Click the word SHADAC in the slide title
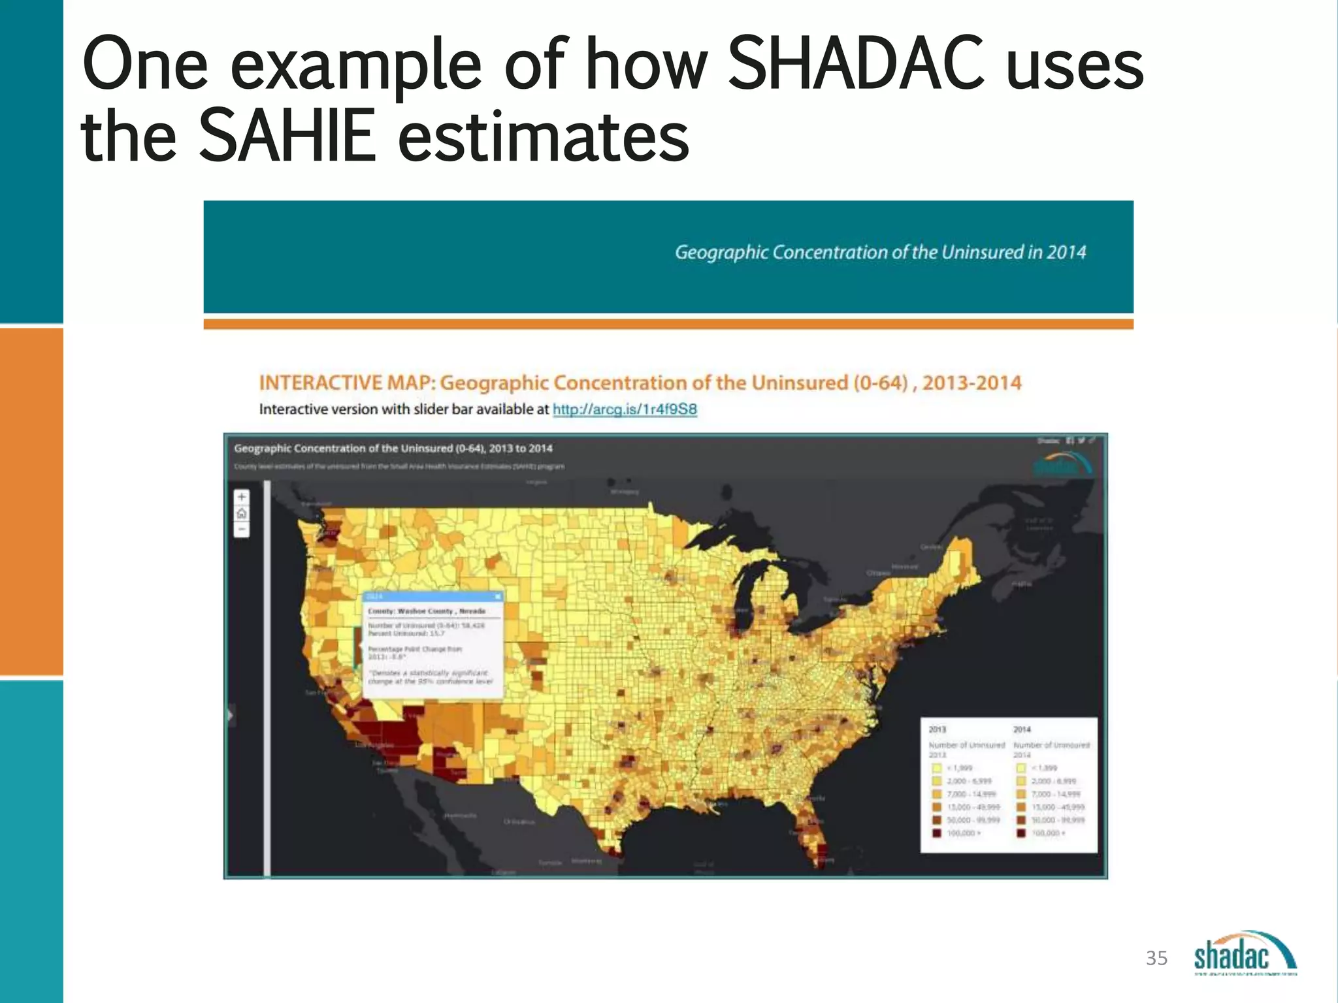(x=855, y=64)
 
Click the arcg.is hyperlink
(x=625, y=409)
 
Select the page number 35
(x=1156, y=958)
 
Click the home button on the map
(x=242, y=513)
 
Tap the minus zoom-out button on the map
(x=242, y=529)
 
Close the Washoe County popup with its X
(x=498, y=596)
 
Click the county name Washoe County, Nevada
(x=427, y=611)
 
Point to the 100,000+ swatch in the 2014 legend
(x=1020, y=833)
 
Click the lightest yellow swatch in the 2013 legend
(x=936, y=768)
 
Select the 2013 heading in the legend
(x=937, y=729)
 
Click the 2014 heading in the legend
(x=1022, y=729)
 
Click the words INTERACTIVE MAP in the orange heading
(x=346, y=383)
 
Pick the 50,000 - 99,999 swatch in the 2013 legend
(x=936, y=820)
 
